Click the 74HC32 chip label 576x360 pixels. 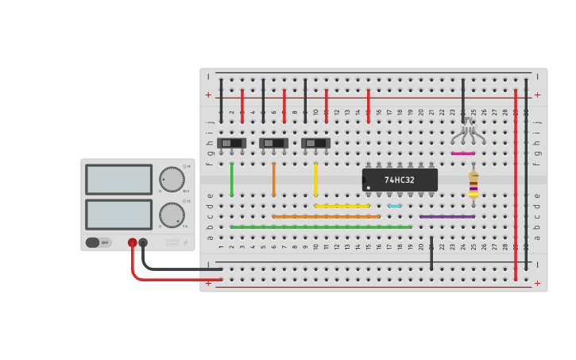pyautogui.click(x=400, y=180)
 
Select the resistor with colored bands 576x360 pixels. pyautogui.click(x=474, y=184)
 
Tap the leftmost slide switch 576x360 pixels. pyautogui.click(x=231, y=143)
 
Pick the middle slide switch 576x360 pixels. pyautogui.click(x=273, y=143)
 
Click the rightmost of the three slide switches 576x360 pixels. pyautogui.click(x=315, y=143)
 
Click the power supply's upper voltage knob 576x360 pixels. pyautogui.click(x=171, y=179)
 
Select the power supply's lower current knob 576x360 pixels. pyautogui.click(x=171, y=215)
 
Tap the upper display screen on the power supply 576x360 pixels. pyautogui.click(x=118, y=180)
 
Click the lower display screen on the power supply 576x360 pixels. pyautogui.click(x=118, y=215)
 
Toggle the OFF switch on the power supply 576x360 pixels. pyautogui.click(x=99, y=242)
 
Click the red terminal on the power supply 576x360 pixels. pyautogui.click(x=133, y=243)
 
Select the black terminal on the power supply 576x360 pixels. pyautogui.click(x=143, y=243)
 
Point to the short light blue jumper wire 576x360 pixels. pyautogui.click(x=395, y=206)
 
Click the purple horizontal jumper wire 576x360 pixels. pyautogui.click(x=446, y=216)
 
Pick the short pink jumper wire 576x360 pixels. pyautogui.click(x=462, y=153)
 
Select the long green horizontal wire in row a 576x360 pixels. pyautogui.click(x=321, y=227)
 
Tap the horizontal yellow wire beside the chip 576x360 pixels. pyautogui.click(x=342, y=206)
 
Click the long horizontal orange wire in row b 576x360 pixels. pyautogui.click(x=326, y=216)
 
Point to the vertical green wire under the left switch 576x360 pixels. pyautogui.click(x=232, y=180)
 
